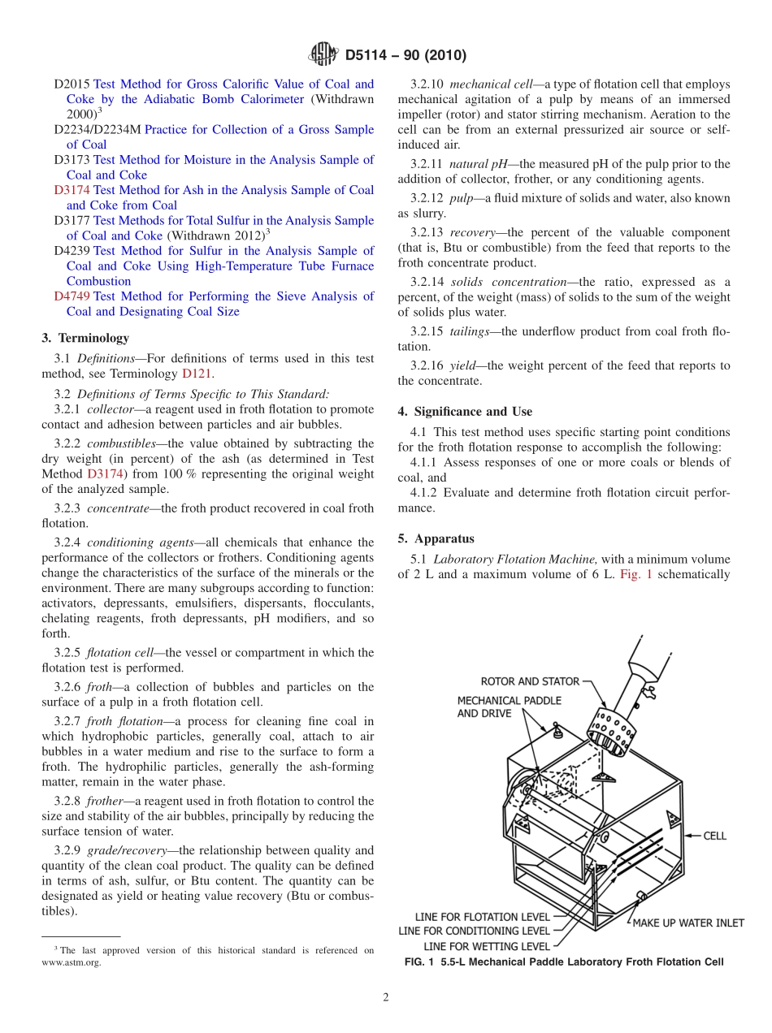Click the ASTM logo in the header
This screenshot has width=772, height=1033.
coord(324,55)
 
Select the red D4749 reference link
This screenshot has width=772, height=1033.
coord(72,296)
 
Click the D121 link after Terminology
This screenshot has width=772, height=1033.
coord(196,374)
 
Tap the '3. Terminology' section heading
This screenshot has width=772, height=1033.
coord(85,338)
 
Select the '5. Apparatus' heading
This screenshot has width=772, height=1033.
coord(436,538)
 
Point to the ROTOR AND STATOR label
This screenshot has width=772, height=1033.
coord(530,681)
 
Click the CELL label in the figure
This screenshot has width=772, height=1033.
coord(714,836)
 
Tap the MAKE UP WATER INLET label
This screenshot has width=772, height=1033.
coord(688,923)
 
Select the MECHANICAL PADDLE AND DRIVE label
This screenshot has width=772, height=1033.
coord(509,707)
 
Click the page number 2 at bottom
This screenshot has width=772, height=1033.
coord(386,998)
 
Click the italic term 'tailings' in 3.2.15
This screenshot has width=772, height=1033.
coord(472,331)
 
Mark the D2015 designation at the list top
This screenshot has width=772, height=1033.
coord(72,84)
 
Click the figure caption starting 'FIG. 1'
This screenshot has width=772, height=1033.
coord(563,962)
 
